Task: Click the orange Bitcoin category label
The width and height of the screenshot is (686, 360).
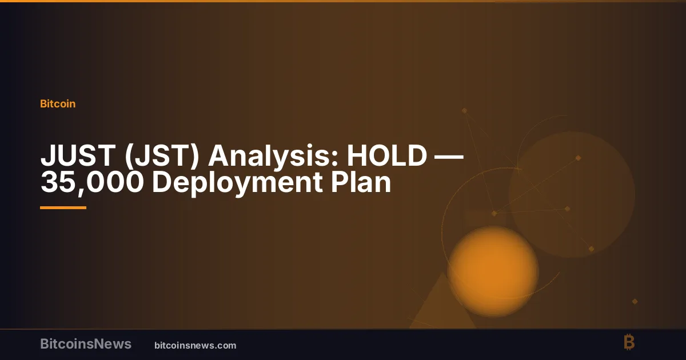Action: [x=58, y=104]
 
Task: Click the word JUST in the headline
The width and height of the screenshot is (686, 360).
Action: [x=78, y=155]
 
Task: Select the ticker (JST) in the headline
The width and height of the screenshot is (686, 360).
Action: [x=162, y=156]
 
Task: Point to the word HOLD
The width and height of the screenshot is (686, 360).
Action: [x=387, y=155]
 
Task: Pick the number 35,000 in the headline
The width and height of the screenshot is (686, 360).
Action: [x=92, y=183]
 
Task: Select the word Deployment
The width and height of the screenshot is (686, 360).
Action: [x=237, y=183]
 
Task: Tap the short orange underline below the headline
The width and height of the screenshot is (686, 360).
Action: [x=63, y=208]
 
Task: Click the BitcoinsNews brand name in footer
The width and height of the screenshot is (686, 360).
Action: [x=86, y=344]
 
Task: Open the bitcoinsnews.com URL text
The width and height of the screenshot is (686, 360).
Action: [x=196, y=346]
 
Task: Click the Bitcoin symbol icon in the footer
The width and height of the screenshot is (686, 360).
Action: [x=629, y=342]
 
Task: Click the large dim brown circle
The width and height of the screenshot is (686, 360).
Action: [x=572, y=194]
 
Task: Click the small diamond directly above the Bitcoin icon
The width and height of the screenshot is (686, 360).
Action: [x=635, y=302]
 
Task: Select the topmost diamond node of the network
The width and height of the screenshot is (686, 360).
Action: [x=464, y=110]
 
